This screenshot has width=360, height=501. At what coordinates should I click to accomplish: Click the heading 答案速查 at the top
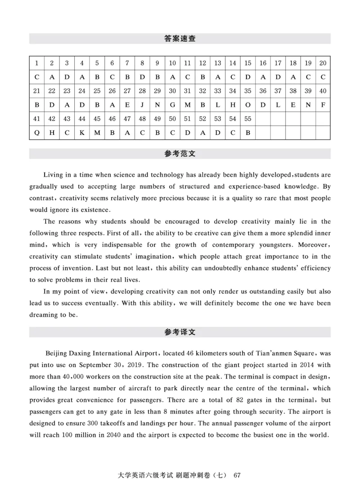click(180, 39)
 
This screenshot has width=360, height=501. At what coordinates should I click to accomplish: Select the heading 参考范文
click(180, 154)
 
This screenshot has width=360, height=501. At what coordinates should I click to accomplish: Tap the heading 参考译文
click(180, 332)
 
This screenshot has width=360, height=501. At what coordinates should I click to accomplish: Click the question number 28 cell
click(142, 91)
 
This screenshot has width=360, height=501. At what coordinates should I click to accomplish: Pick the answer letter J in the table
click(142, 105)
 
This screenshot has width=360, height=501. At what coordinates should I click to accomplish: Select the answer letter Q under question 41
click(36, 133)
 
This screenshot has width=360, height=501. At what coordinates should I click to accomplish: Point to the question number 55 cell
click(247, 119)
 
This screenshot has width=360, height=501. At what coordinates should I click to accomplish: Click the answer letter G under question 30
click(172, 105)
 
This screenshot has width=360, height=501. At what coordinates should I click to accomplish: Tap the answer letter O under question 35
click(247, 105)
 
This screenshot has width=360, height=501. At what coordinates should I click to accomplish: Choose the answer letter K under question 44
click(82, 133)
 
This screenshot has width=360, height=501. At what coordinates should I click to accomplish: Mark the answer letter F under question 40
click(323, 105)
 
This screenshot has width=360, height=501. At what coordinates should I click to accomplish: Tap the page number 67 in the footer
click(238, 475)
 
